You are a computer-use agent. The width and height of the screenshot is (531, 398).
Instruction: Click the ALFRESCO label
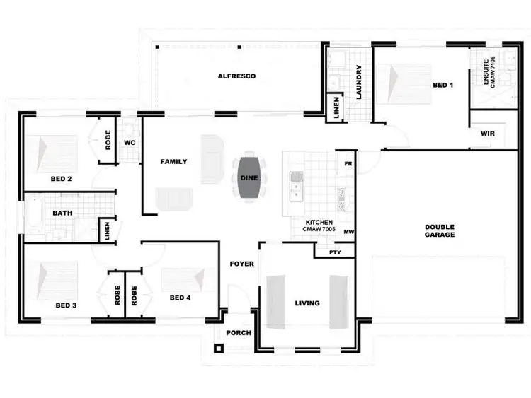(236, 76)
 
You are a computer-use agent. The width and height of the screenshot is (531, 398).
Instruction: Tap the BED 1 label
(442, 86)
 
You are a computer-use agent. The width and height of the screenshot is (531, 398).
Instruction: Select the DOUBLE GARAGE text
(440, 231)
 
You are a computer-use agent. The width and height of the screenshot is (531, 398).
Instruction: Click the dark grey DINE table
(249, 179)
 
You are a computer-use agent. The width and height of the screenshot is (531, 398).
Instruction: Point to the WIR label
(487, 133)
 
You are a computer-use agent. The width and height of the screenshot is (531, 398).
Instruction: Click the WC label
(130, 142)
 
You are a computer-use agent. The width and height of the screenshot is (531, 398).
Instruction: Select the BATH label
(61, 213)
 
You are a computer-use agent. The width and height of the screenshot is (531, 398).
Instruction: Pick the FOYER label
(242, 264)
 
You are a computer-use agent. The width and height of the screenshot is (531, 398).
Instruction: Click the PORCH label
(239, 333)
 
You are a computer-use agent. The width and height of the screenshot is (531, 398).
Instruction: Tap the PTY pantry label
(335, 252)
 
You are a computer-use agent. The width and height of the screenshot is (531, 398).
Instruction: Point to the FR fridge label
(348, 163)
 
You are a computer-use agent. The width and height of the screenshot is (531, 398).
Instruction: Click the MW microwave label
(348, 231)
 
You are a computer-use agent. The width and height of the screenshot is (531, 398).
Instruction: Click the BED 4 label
(181, 298)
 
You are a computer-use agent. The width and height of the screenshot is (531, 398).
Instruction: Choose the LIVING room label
(307, 303)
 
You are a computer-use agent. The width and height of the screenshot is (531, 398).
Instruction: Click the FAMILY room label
(173, 162)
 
